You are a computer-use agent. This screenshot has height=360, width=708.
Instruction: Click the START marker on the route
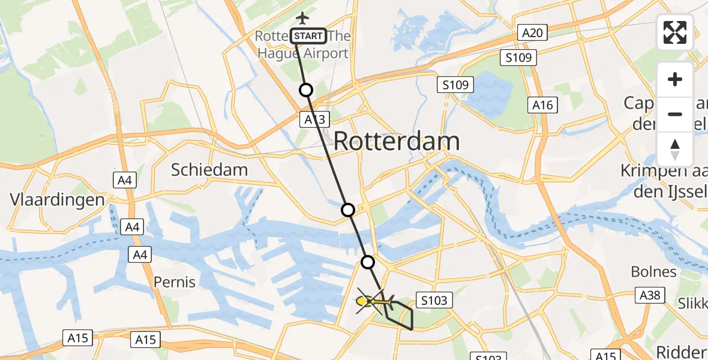[x=309, y=37]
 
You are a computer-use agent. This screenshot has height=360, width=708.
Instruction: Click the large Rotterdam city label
[x=396, y=142]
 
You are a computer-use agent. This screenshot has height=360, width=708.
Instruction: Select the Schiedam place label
[x=209, y=170]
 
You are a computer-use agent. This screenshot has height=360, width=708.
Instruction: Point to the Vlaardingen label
[x=58, y=200]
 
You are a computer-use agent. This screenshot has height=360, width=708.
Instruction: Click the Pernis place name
[x=175, y=281]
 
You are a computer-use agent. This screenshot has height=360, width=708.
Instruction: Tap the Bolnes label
[x=653, y=272]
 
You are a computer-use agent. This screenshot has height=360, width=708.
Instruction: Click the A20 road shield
[x=532, y=33]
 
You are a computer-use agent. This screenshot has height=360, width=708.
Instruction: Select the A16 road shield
[x=543, y=105]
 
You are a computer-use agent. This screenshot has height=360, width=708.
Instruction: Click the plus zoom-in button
[x=675, y=80]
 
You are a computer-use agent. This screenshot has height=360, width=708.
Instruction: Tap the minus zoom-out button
[x=675, y=114]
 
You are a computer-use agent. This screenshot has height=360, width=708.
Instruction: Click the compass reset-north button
[x=675, y=149]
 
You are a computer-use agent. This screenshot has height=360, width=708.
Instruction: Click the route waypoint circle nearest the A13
[x=306, y=90]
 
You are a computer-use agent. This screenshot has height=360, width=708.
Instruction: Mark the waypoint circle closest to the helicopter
[x=368, y=262]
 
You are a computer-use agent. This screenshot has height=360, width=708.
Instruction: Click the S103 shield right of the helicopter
[x=433, y=301]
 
